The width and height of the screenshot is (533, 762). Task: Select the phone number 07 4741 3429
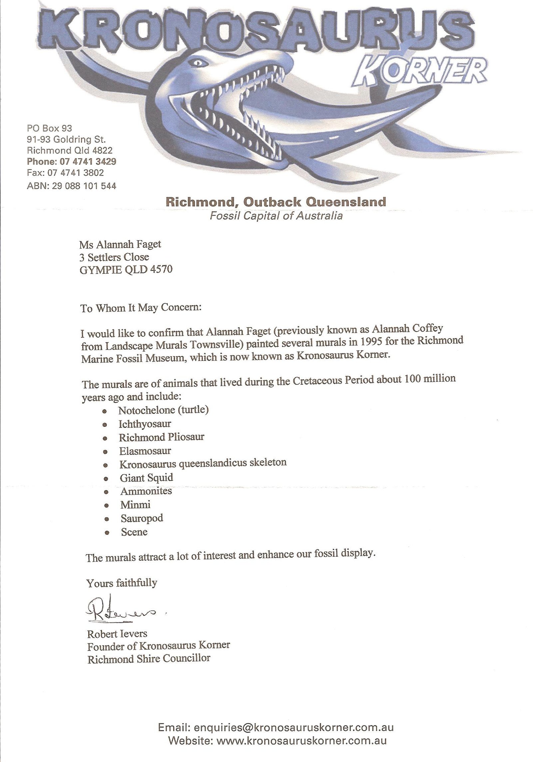point(88,162)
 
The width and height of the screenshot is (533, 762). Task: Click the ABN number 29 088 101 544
point(84,186)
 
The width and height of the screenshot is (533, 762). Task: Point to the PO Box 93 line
point(49,128)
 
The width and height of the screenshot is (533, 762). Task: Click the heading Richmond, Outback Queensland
point(276,202)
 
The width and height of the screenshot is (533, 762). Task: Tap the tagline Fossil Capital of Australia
point(276,216)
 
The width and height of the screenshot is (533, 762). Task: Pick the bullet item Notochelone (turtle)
point(164,410)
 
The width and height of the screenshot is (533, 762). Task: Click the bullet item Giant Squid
point(147,477)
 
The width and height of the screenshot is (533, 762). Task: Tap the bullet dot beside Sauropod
point(106,519)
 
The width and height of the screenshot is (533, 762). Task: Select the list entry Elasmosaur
point(145,451)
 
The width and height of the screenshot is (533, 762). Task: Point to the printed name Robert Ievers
point(117,633)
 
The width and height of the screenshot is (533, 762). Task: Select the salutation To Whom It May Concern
point(141,308)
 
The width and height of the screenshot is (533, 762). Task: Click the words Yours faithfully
point(122,583)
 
